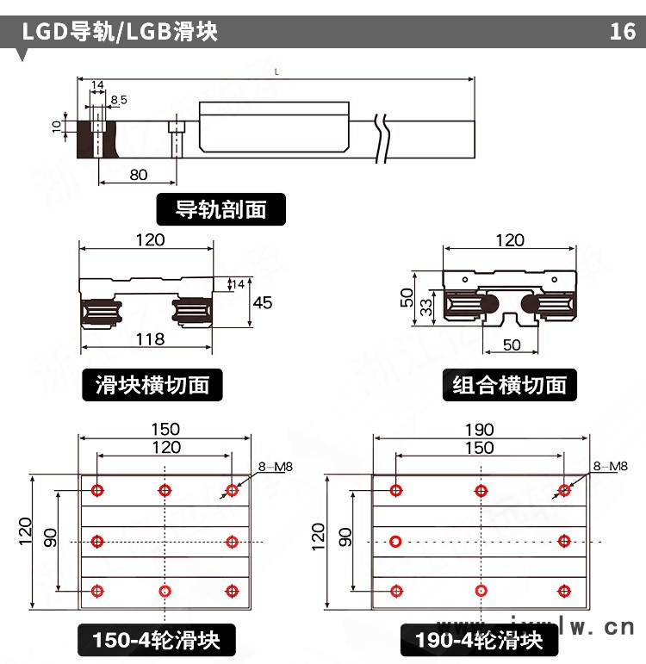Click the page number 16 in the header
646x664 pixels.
tap(622, 33)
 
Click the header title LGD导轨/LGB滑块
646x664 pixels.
tap(121, 33)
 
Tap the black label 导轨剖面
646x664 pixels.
tap(221, 208)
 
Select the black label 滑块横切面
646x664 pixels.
tap(152, 384)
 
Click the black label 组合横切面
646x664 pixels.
tap(510, 384)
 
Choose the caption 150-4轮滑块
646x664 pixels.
tap(157, 641)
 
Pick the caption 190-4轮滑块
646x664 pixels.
tap(479, 641)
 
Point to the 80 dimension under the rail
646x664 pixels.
tap(138, 175)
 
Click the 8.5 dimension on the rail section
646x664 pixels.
tap(118, 100)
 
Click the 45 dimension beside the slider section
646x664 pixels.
tap(264, 302)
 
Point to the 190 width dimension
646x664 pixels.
tap(480, 429)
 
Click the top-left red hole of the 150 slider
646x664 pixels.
tap(97, 490)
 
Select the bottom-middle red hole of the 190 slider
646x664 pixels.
tap(480, 591)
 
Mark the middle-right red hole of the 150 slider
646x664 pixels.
tap(232, 541)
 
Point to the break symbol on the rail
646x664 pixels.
tap(383, 138)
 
